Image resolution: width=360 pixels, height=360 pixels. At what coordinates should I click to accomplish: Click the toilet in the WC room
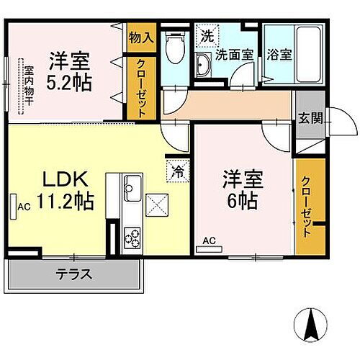pyautogui.click(x=174, y=50)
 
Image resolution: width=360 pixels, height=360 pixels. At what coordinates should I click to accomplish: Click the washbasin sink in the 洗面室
pyautogui.click(x=202, y=67)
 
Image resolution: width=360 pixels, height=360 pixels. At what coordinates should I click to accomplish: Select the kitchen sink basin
pyautogui.click(x=132, y=190)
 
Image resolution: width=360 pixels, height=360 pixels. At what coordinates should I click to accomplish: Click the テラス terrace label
pyautogui.click(x=74, y=274)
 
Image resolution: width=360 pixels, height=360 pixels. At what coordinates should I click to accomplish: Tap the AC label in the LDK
pyautogui.click(x=22, y=206)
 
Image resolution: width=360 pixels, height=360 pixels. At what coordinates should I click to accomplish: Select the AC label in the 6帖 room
pyautogui.click(x=209, y=240)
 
